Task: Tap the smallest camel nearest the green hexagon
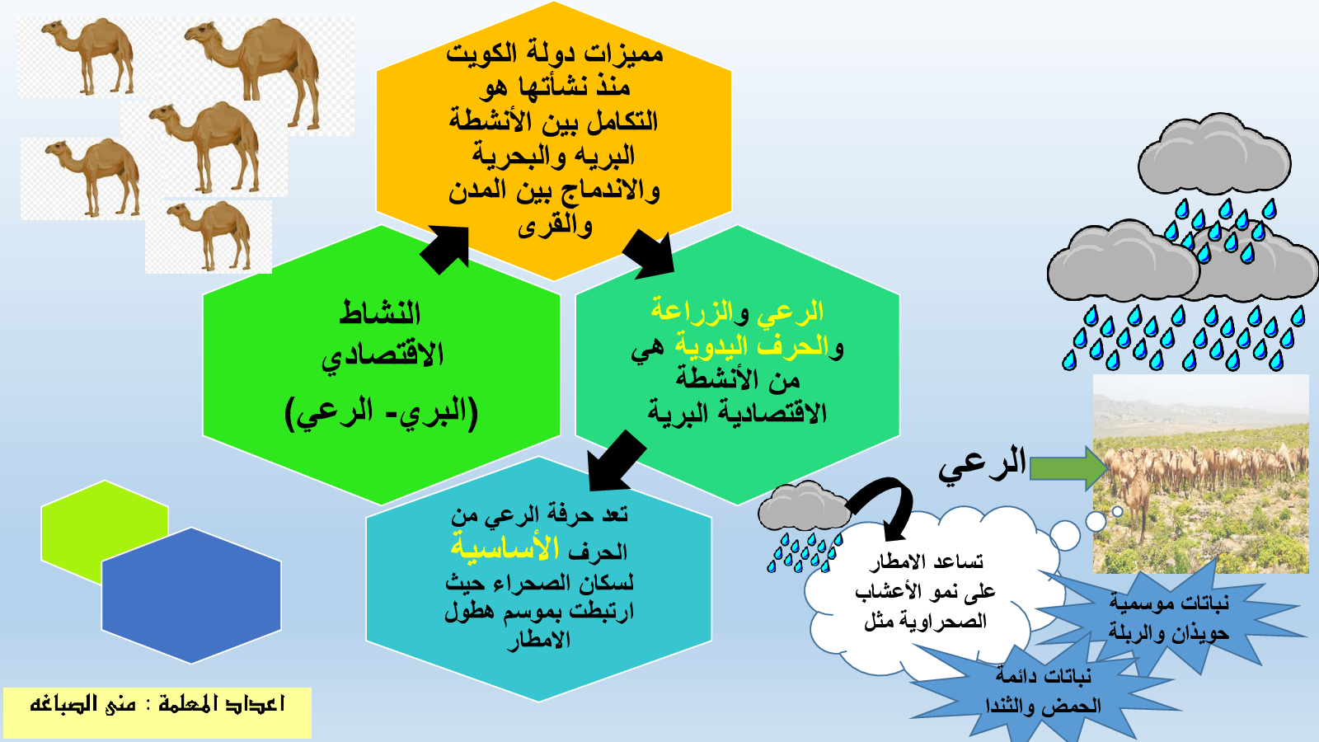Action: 211,234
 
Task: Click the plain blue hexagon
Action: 191,595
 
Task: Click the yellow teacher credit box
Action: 157,712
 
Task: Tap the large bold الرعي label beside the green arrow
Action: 982,463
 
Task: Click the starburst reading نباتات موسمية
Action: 1169,618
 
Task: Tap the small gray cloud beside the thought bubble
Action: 805,507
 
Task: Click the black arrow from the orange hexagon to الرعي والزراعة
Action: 649,256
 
